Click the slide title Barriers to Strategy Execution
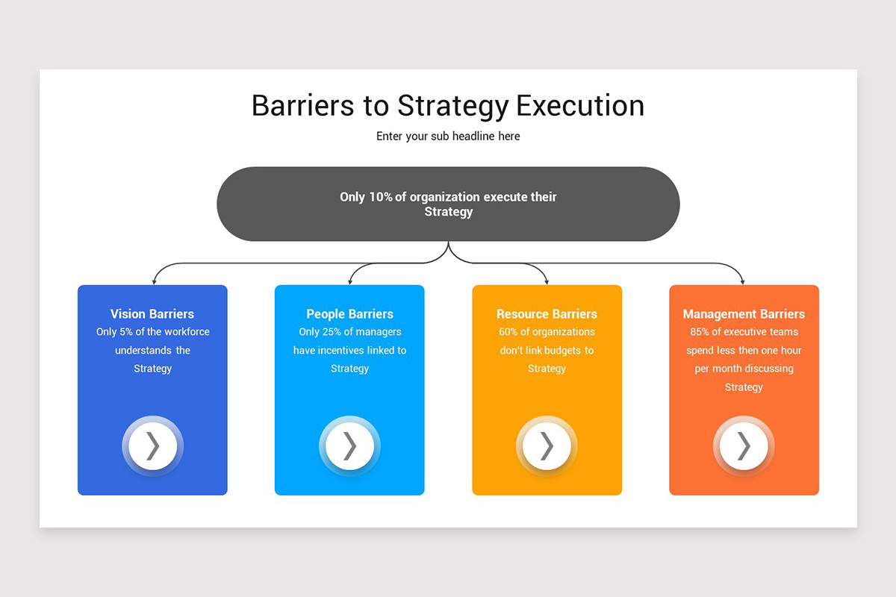pos(448,106)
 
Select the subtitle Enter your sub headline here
pos(448,136)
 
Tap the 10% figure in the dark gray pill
pos(381,197)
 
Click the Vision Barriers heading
pos(152,314)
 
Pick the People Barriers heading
pos(349,314)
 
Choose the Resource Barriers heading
pos(547,314)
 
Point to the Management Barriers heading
pos(744,314)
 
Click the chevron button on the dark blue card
pos(152,446)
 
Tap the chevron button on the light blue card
pos(349,446)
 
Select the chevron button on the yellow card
pos(547,446)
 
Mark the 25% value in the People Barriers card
pos(332,332)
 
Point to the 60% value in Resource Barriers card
pos(508,332)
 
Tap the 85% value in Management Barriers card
pos(700,332)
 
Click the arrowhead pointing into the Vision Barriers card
pos(154,281)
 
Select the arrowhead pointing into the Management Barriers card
pos(743,281)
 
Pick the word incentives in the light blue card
pos(341,351)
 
